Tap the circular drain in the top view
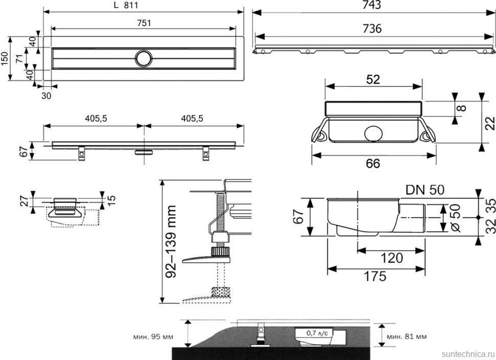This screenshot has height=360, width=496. [x=143, y=58]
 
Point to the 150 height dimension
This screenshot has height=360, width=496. [x=5, y=58]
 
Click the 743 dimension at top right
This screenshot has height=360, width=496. [x=372, y=6]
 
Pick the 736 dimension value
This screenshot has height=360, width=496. [x=372, y=29]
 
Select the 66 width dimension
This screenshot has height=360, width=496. [x=374, y=163]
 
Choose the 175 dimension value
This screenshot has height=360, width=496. [x=375, y=276]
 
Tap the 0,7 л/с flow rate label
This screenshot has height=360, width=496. [x=317, y=333]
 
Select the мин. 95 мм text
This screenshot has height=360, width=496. [x=152, y=337]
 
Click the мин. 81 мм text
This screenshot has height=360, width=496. [x=407, y=337]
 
